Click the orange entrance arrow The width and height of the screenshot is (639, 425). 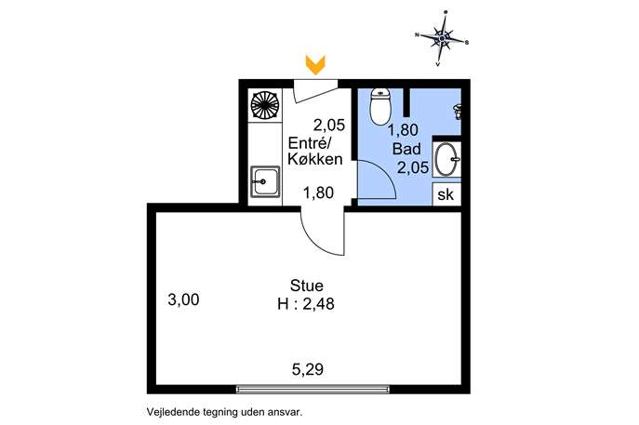315,65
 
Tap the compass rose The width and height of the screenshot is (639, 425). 442,39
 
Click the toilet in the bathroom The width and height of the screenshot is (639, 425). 379,107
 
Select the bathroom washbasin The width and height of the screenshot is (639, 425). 446,159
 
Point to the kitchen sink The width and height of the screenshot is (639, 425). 265,181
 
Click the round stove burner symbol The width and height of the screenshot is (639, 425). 265,105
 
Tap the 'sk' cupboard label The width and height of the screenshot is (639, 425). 446,194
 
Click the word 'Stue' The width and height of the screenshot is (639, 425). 306,286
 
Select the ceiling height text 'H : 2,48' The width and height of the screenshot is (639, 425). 306,303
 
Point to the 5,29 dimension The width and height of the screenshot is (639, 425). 308,369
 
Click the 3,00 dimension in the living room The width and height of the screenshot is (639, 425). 183,299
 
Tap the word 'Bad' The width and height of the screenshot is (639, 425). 406,149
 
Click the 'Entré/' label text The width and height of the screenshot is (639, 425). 311,143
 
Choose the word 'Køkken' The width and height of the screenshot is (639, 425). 315,159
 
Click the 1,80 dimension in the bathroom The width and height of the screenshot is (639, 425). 403,130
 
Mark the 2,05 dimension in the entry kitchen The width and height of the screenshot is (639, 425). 329,125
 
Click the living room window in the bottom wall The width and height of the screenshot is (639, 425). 313,389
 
